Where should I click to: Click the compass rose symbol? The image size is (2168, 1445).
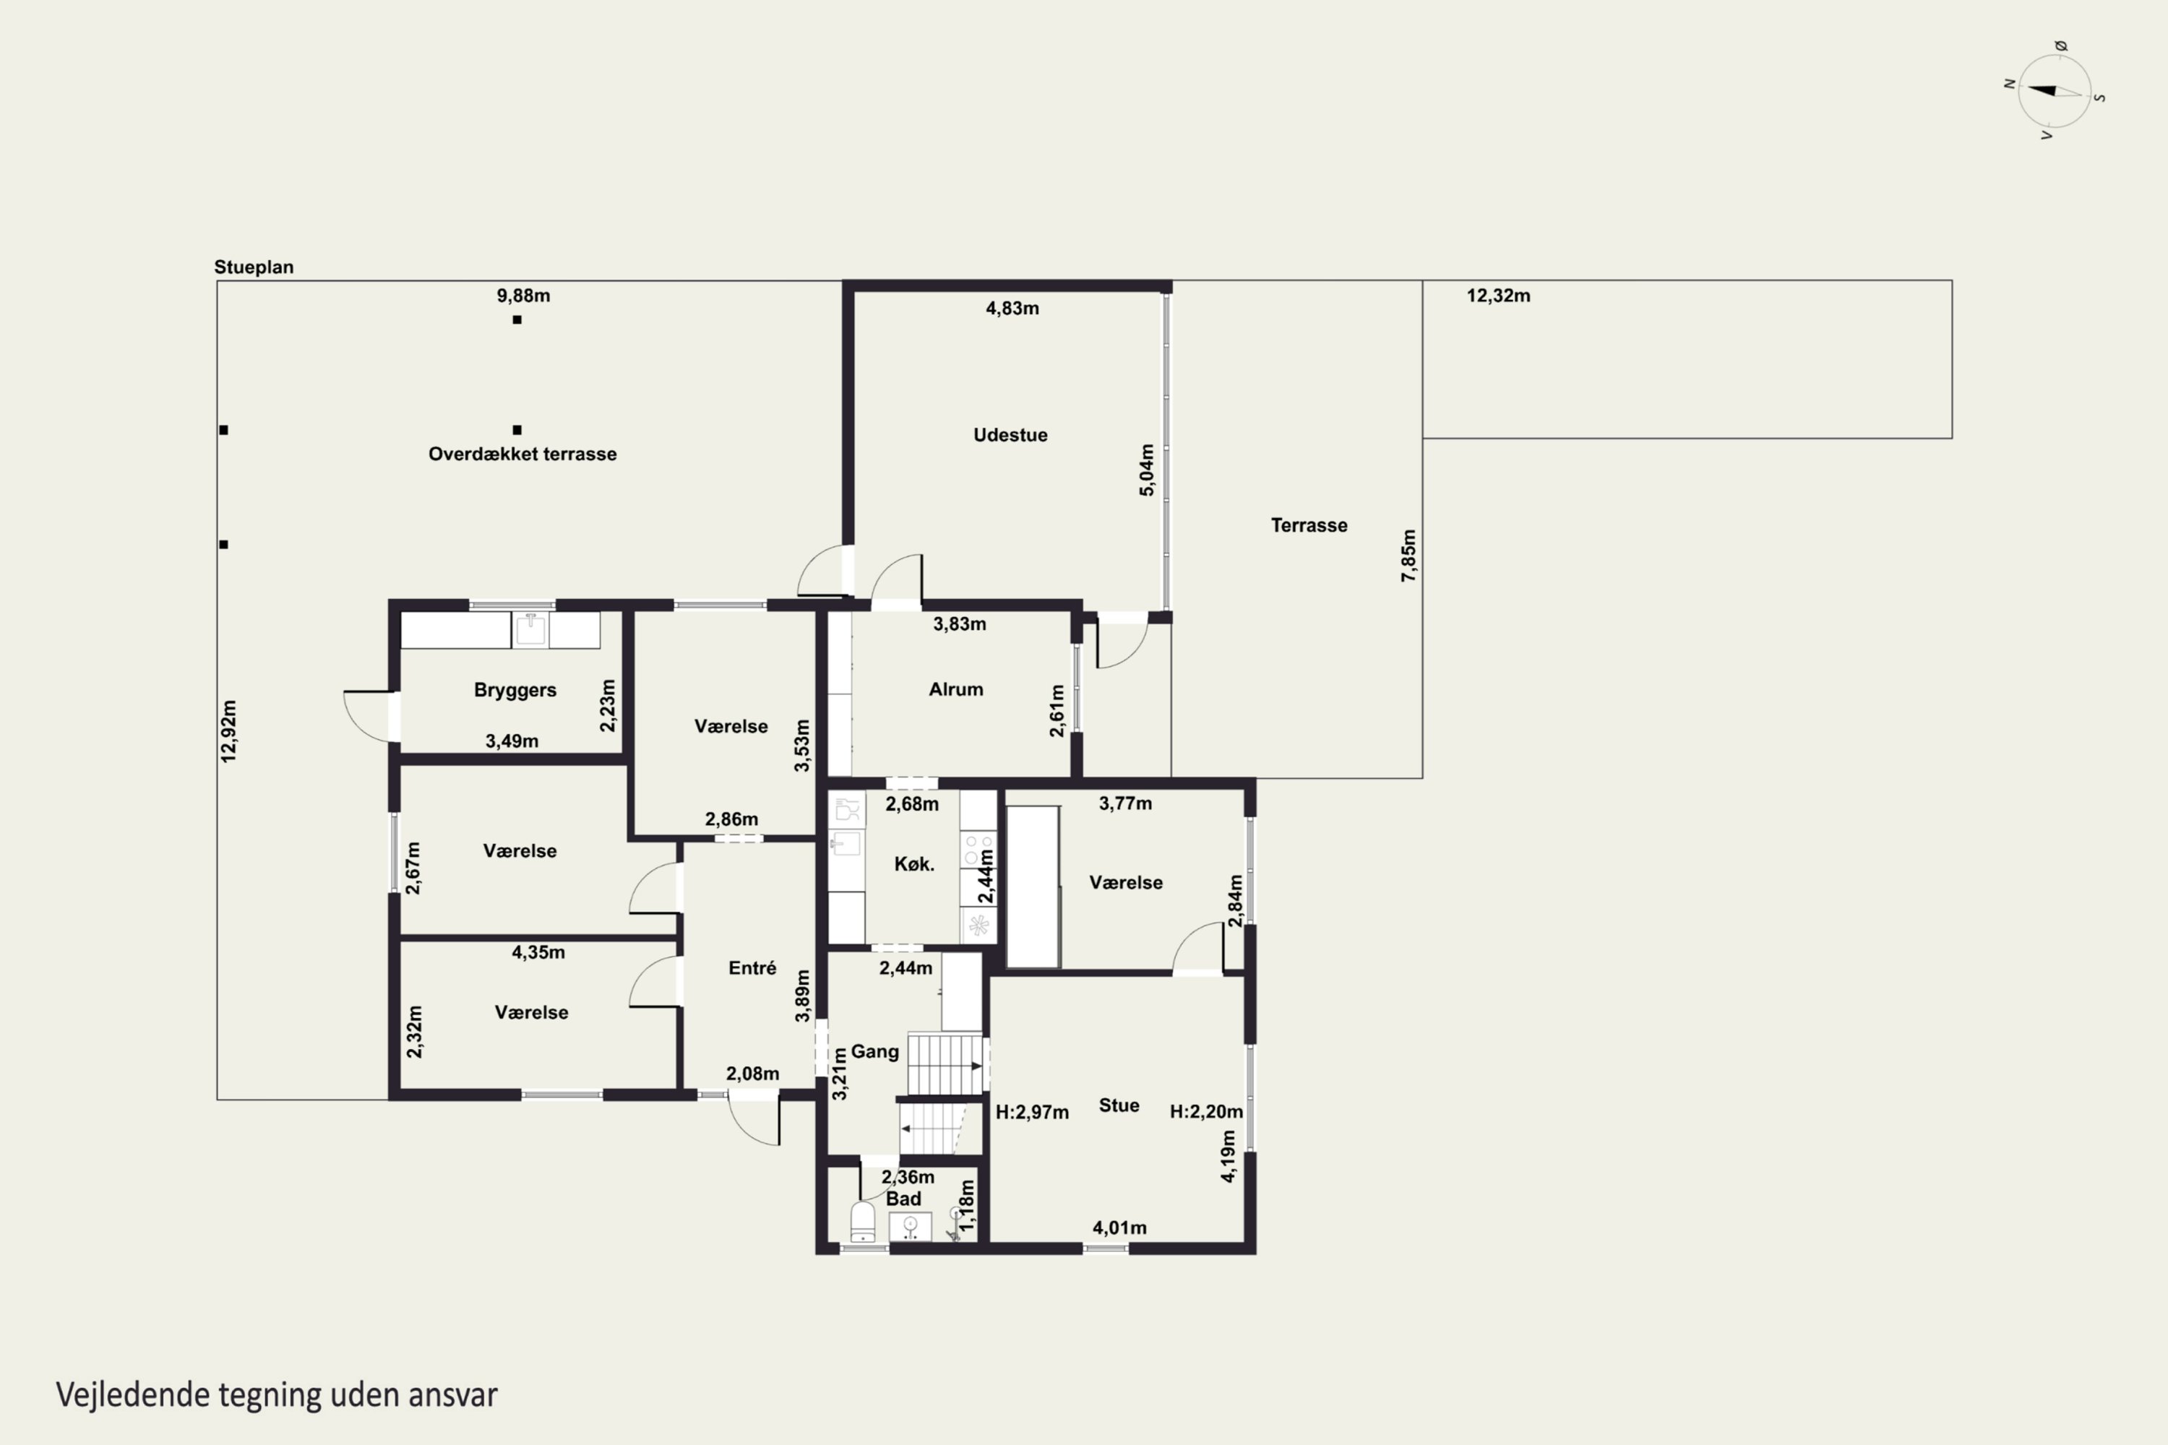click(2055, 90)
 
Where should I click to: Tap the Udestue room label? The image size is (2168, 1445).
click(1010, 435)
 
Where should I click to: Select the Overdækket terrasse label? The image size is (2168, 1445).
click(522, 454)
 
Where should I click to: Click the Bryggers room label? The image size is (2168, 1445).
click(515, 690)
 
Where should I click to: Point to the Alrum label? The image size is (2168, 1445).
click(956, 689)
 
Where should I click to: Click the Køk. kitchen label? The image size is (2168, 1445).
click(914, 864)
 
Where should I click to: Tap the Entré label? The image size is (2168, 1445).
click(752, 967)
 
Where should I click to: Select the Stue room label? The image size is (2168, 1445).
click(1119, 1105)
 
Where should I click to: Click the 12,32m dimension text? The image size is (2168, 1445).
click(1499, 296)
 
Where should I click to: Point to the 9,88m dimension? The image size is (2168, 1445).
click(523, 296)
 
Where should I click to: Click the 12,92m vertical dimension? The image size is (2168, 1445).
click(228, 730)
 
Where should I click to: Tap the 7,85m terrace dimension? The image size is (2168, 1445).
click(1408, 556)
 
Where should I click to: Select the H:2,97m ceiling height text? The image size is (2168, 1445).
click(1033, 1113)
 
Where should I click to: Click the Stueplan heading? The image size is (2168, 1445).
click(254, 267)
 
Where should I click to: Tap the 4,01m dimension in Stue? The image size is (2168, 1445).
click(1120, 1228)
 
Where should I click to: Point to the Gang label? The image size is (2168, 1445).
click(874, 1051)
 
